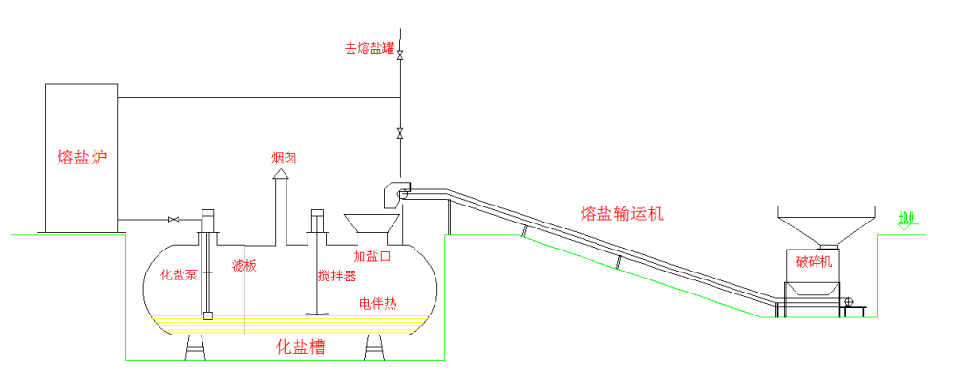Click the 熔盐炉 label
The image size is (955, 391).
pyautogui.click(x=80, y=157)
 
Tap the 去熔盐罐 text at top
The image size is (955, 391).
pyautogui.click(x=370, y=47)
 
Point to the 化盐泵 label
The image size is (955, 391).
pyautogui.click(x=179, y=275)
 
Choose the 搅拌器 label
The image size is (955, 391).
pyautogui.click(x=337, y=276)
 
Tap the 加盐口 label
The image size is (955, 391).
pyautogui.click(x=372, y=256)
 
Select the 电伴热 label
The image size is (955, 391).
pyautogui.click(x=378, y=303)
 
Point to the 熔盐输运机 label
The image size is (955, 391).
pyautogui.click(x=622, y=213)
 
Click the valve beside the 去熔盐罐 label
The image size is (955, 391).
pyautogui.click(x=400, y=55)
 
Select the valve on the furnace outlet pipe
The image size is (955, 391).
pyautogui.click(x=173, y=221)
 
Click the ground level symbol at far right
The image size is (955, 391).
pyautogui.click(x=905, y=223)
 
